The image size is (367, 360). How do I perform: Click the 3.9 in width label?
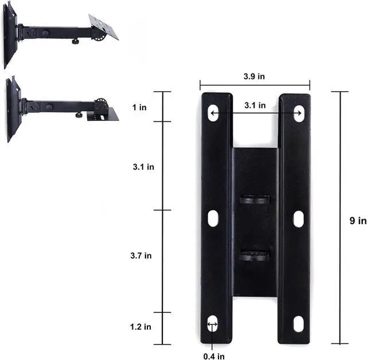click(254, 76)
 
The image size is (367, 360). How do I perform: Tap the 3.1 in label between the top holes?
click(255, 105)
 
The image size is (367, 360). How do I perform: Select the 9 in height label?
click(358, 221)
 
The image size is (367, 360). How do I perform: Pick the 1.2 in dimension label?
click(140, 327)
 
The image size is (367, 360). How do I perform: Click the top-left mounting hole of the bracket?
click(213, 112)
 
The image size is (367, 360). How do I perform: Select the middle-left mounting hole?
click(213, 218)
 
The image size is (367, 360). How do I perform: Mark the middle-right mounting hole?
click(298, 218)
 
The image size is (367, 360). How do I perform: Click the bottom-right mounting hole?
click(298, 324)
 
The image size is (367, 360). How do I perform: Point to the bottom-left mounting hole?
click(213, 324)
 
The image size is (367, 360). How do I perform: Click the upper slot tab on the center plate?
click(255, 199)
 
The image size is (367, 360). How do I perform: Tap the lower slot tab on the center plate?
click(255, 255)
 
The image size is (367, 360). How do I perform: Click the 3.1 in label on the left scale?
click(143, 167)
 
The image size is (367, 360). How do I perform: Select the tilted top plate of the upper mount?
click(103, 26)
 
